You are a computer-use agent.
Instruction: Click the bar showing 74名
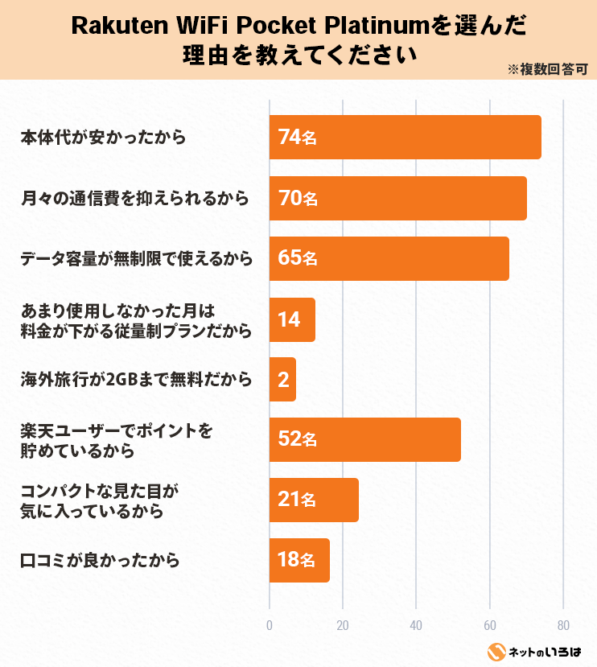pyautogui.click(x=405, y=138)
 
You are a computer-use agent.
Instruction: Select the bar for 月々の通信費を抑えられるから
pyautogui.click(x=397, y=198)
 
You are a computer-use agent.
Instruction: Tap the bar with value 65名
pyautogui.click(x=389, y=258)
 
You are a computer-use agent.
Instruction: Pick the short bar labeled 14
pyautogui.click(x=292, y=319)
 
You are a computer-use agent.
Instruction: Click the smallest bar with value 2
pyautogui.click(x=282, y=380)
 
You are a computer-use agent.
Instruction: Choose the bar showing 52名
pyautogui.click(x=364, y=439)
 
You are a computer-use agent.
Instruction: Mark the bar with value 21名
pyautogui.click(x=314, y=500)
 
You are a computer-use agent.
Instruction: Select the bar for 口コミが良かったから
pyautogui.click(x=299, y=560)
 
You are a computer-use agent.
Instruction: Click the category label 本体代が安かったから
pyautogui.click(x=103, y=138)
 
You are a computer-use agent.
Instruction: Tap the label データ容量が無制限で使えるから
pyautogui.click(x=136, y=258)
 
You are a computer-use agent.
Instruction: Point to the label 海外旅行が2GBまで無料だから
pyautogui.click(x=136, y=380)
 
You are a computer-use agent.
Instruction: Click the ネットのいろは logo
pyautogui.click(x=535, y=651)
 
